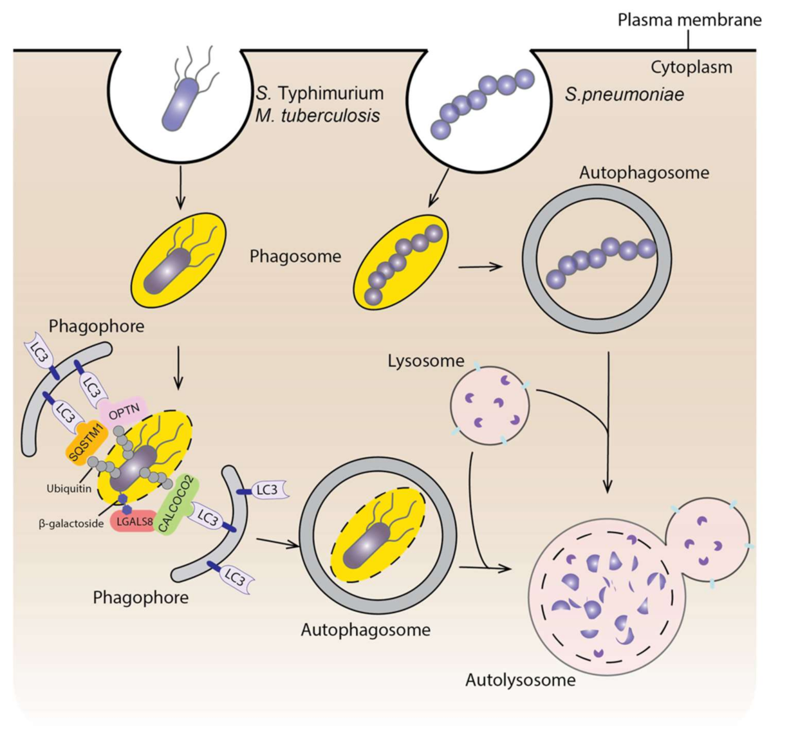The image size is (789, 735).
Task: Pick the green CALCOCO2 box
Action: click(176, 505)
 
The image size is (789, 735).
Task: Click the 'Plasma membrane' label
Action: click(689, 20)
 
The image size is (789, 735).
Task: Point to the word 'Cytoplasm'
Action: click(691, 67)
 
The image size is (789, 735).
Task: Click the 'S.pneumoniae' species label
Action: click(624, 95)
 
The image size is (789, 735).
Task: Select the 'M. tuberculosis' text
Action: click(317, 116)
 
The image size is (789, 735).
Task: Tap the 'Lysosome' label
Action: click(425, 361)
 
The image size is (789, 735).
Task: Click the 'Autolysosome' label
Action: click(520, 680)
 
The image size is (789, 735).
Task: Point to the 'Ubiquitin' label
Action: click(69, 488)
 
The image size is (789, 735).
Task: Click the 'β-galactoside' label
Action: click(71, 524)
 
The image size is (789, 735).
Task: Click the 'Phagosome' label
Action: click(295, 256)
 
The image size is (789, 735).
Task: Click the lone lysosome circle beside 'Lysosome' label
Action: click(490, 405)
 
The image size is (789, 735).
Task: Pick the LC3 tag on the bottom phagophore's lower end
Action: click(234, 575)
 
